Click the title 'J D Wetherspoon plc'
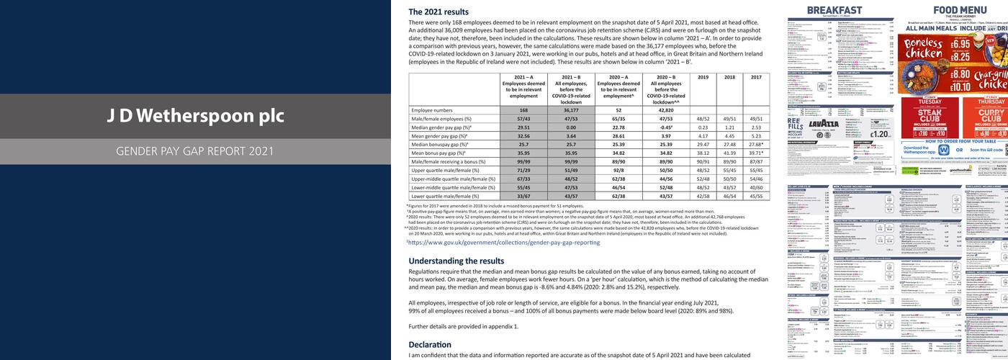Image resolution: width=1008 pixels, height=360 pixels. point(195,116)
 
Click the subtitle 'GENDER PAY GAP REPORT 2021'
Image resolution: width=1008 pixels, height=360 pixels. point(195,151)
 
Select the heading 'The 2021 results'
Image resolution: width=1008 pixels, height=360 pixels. point(438,12)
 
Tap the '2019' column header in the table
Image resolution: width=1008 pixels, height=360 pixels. point(703,77)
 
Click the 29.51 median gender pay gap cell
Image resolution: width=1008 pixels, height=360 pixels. point(523,127)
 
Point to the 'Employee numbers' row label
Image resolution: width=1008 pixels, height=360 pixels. point(432,110)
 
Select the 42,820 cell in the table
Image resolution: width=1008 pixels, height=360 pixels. point(666,110)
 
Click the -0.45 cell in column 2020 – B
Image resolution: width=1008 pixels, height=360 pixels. point(666,127)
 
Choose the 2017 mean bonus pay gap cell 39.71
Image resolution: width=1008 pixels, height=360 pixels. point(756,153)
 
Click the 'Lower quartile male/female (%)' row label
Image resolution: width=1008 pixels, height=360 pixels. point(446,196)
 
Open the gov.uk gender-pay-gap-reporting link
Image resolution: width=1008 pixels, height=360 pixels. point(504,243)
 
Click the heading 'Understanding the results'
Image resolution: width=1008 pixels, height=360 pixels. point(456,261)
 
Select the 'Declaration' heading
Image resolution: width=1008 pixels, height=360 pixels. point(431,345)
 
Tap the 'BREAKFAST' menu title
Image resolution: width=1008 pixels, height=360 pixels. point(834,9)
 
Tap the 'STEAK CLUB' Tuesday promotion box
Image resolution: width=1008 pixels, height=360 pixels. point(930,115)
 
